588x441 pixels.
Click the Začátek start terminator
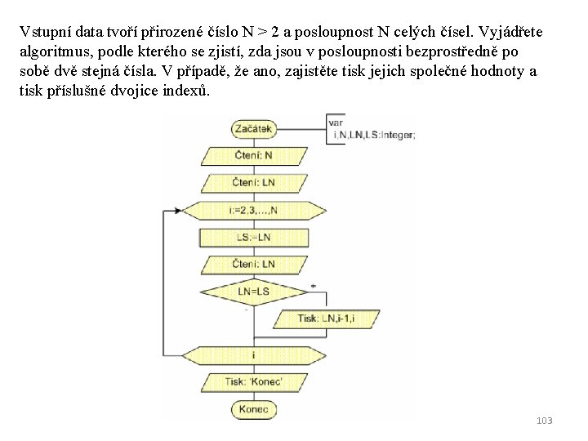[252, 128]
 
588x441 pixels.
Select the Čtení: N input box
[252, 155]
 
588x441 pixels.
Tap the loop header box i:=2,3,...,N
[252, 210]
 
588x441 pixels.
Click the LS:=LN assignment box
[252, 237]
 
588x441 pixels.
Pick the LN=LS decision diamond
[252, 291]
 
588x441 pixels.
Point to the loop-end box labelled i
[252, 355]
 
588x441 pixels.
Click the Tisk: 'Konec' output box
[252, 381]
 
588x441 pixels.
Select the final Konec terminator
[252, 408]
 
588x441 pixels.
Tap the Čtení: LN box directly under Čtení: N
[252, 182]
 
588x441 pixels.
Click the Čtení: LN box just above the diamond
[252, 264]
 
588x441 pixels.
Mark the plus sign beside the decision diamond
[314, 286]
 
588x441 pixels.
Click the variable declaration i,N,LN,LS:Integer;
[374, 136]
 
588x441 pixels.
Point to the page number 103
[545, 421]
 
